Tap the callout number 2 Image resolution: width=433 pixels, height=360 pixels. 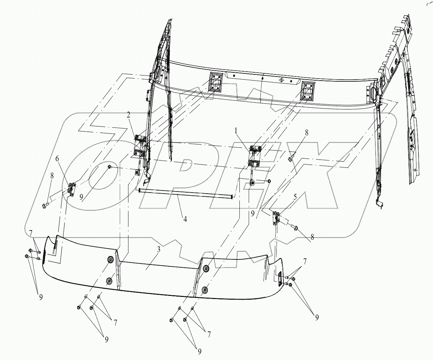[128, 115]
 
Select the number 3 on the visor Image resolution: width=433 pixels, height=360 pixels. [159, 250]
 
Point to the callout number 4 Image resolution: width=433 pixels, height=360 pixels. [185, 219]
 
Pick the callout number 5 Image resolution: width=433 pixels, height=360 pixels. [295, 197]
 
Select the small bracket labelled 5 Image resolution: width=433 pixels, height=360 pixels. [276, 218]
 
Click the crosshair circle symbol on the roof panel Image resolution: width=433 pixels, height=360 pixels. [281, 80]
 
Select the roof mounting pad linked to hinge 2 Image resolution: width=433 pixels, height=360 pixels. [216, 82]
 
